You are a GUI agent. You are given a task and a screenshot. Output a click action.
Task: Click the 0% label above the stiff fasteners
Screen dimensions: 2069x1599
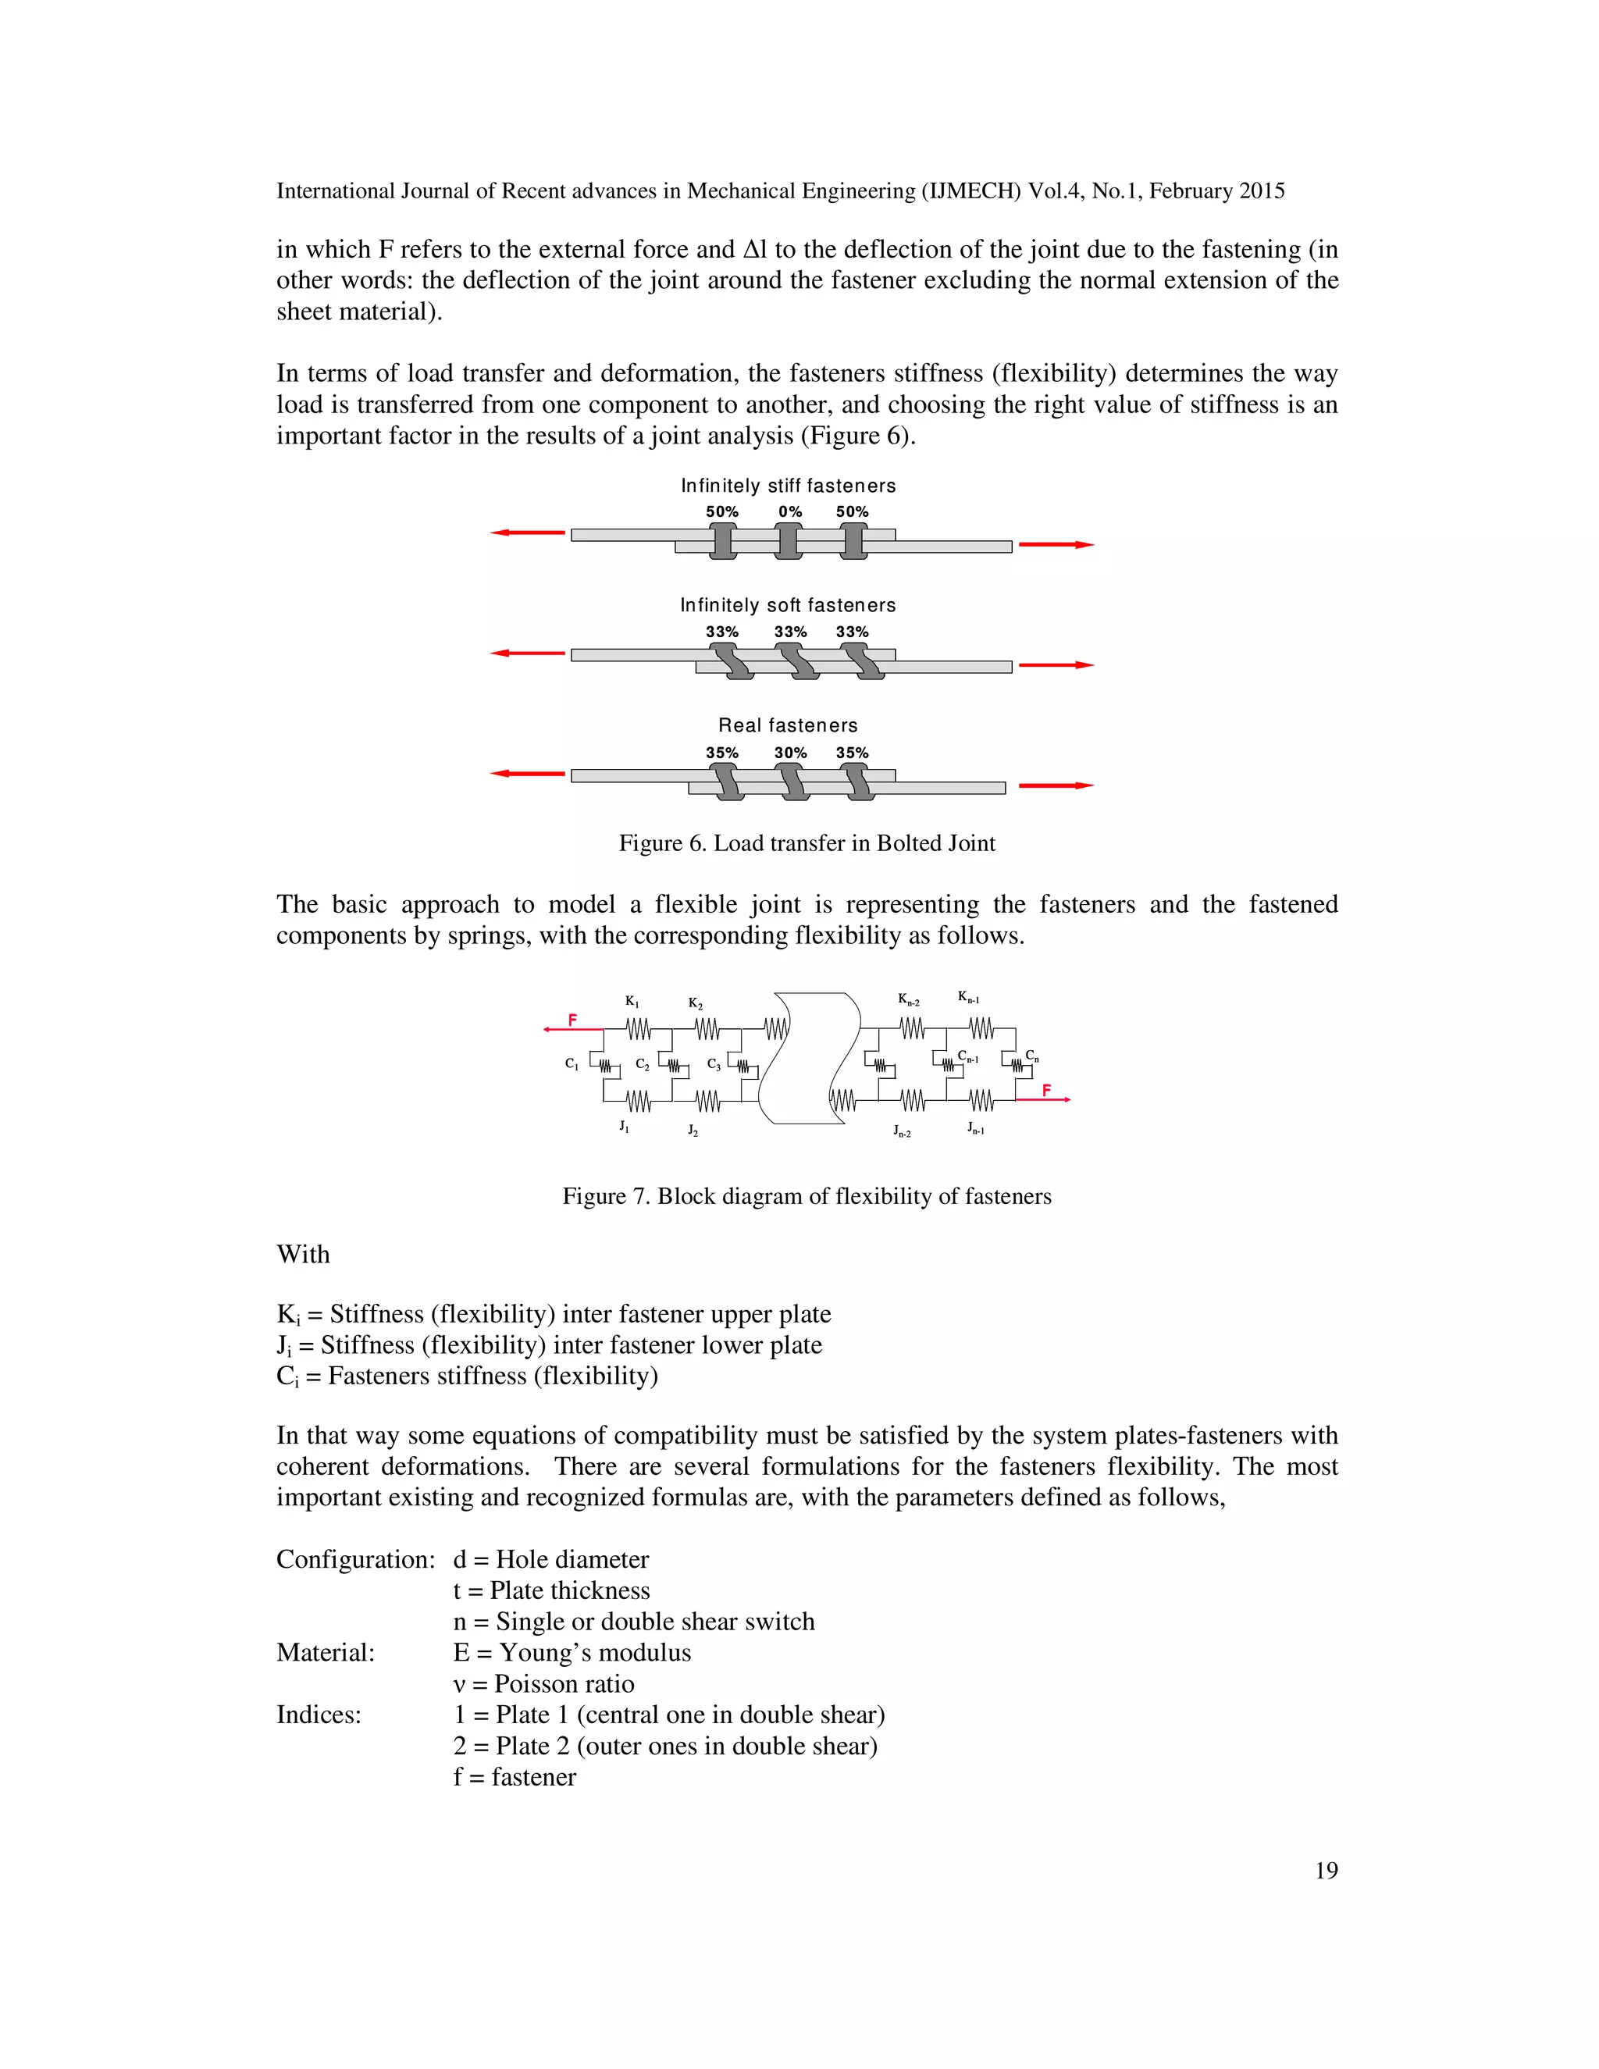tap(790, 511)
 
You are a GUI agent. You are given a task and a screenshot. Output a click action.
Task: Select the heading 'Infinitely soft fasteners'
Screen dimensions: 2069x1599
tap(787, 604)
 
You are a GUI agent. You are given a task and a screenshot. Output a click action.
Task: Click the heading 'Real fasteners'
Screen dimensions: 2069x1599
tap(787, 725)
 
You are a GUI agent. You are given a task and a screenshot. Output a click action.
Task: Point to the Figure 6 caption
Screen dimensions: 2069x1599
tap(806, 843)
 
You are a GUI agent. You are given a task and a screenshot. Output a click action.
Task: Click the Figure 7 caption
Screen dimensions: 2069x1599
tap(806, 1195)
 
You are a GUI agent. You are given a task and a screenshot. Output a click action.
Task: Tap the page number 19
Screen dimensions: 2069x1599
tap(1327, 1870)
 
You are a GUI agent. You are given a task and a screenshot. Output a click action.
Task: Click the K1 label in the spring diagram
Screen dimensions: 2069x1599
tap(632, 1002)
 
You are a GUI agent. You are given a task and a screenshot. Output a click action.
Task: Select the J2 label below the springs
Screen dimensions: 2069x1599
tap(693, 1131)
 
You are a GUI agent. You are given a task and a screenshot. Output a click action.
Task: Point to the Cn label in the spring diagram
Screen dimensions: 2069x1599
tap(1031, 1056)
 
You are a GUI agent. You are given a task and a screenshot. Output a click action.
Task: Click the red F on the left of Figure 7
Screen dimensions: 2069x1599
tap(572, 1020)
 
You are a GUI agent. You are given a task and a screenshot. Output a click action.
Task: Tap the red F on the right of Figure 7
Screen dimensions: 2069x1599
tap(1045, 1091)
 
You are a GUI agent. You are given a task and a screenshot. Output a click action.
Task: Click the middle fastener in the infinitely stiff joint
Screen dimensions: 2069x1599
tap(788, 541)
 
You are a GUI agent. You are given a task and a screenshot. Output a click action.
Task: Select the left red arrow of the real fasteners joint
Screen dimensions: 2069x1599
tap(527, 774)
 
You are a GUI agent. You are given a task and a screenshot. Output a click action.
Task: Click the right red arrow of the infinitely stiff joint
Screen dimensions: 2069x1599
tap(1056, 545)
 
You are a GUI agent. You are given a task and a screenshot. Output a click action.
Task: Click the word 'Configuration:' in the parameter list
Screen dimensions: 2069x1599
tap(355, 1559)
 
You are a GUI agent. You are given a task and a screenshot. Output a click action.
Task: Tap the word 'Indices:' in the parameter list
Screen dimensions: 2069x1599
tap(319, 1715)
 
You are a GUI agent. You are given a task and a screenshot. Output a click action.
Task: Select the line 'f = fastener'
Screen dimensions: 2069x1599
tap(515, 1776)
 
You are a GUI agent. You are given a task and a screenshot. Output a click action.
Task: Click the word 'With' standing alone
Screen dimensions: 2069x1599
tap(303, 1255)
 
